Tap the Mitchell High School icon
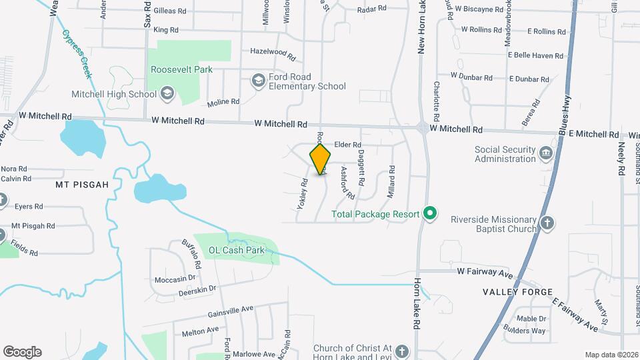tap(167, 94)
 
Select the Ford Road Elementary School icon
tap(258, 81)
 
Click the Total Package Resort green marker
tap(430, 214)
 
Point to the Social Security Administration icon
tap(547, 154)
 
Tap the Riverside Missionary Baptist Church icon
tap(547, 223)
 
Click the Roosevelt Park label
tap(181, 69)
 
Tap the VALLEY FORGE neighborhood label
tap(518, 292)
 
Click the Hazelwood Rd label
tap(272, 51)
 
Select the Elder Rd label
tap(347, 145)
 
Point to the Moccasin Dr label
tap(175, 279)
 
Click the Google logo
tap(22, 352)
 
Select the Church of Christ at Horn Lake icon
tap(401, 351)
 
